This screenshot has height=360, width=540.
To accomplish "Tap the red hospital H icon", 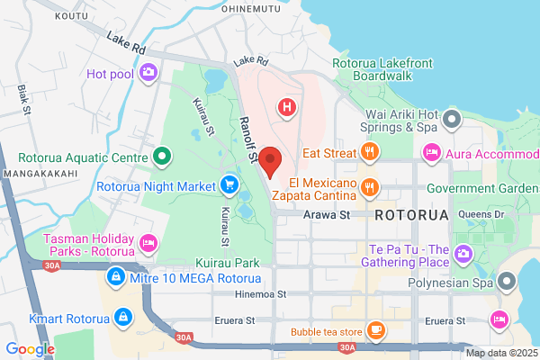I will click(287, 109).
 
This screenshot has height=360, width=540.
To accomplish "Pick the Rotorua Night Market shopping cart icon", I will click(229, 186).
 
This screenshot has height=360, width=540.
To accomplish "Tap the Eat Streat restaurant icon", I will click(371, 153).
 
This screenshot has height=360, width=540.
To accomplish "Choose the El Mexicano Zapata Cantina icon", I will click(370, 186).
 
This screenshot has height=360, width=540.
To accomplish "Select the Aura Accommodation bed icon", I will click(433, 154).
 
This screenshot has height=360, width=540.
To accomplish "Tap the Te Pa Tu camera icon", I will click(463, 254).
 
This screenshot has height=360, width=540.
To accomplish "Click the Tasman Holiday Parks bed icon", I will click(148, 241).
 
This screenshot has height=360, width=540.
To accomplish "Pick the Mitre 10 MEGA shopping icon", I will click(115, 275).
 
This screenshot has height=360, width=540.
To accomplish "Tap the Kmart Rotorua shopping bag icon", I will click(121, 316).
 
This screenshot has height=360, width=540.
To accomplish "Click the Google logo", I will click(31, 349).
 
